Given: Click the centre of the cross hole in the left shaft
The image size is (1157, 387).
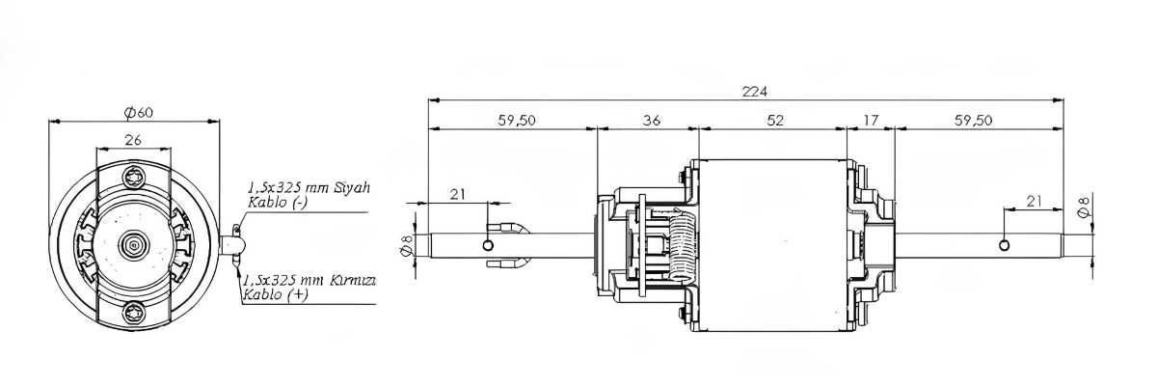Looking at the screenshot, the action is tap(488, 245).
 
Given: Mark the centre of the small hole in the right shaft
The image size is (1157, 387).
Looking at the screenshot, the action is tap(1004, 245).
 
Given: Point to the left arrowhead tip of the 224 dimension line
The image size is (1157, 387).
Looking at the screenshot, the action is tap(429, 100).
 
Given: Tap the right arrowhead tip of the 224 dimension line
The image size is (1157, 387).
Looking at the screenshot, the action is tap(1063, 100).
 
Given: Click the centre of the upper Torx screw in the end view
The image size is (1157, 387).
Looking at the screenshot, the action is tap(134, 178).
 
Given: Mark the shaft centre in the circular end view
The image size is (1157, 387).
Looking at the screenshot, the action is tap(134, 245).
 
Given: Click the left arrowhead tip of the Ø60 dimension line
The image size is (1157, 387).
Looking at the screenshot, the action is tap(48, 122).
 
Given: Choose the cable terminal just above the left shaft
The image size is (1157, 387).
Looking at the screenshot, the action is tap(508, 228).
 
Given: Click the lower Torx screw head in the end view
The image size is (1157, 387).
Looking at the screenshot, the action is tap(134, 312).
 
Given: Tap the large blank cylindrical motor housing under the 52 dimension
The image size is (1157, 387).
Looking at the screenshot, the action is tap(772, 245).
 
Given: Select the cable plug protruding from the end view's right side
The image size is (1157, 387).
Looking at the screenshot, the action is tap(232, 245).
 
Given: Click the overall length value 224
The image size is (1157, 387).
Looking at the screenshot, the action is tap(755, 92).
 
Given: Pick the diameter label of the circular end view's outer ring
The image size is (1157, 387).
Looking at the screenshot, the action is tap(139, 112).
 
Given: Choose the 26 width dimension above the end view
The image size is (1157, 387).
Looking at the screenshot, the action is tap(133, 140).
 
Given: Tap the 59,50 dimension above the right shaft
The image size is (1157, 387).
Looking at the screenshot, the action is tap(973, 121).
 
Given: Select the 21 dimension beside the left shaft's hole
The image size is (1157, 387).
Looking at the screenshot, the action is tap(457, 194).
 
